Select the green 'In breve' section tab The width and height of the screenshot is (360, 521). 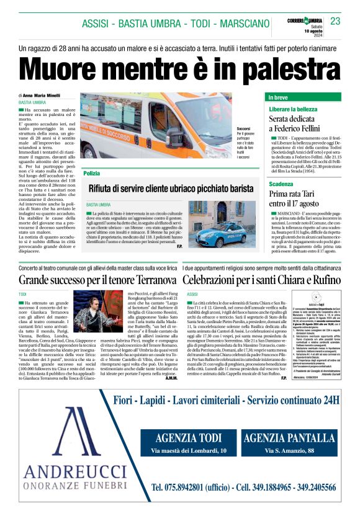[279, 98]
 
